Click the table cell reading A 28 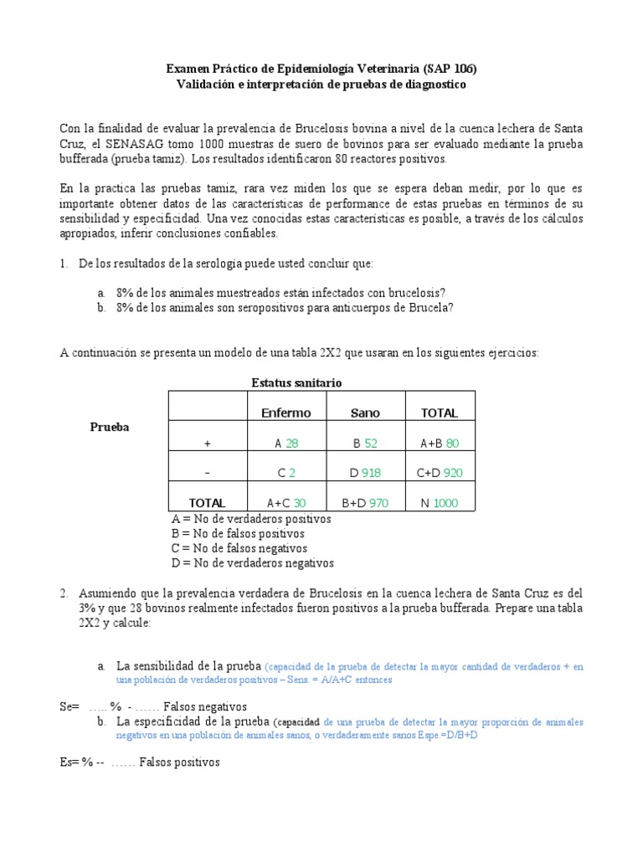pyautogui.click(x=286, y=443)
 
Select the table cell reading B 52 pyautogui.click(x=365, y=443)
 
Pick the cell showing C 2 pyautogui.click(x=286, y=473)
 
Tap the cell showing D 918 pyautogui.click(x=365, y=473)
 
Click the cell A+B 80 pyautogui.click(x=439, y=443)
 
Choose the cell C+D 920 pyautogui.click(x=439, y=473)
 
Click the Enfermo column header pyautogui.click(x=286, y=413)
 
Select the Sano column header pyautogui.click(x=365, y=413)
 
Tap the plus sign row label pyautogui.click(x=207, y=443)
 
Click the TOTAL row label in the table pyautogui.click(x=207, y=503)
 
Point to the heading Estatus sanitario pyautogui.click(x=296, y=382)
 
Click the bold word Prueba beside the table pyautogui.click(x=110, y=427)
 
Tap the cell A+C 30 pyautogui.click(x=286, y=503)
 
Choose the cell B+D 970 pyautogui.click(x=365, y=503)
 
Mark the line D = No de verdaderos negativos pyautogui.click(x=252, y=563)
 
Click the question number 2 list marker pyautogui.click(x=64, y=593)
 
